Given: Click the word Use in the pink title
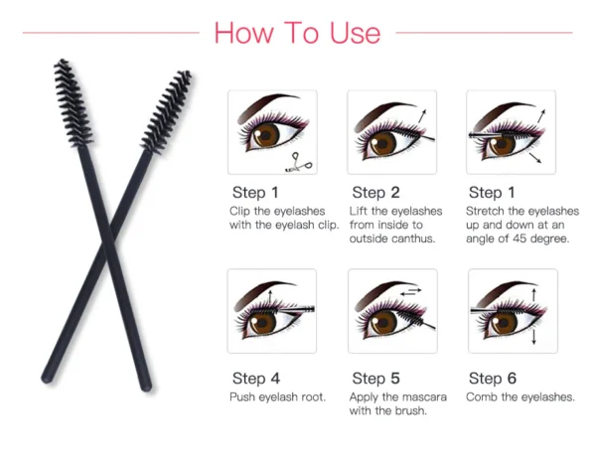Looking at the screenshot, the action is pyautogui.click(x=355, y=33).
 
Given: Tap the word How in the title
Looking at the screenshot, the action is pyautogui.click(x=243, y=33).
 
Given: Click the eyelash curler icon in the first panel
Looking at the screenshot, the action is pyautogui.click(x=299, y=162).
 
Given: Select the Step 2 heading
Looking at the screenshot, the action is pyautogui.click(x=375, y=193).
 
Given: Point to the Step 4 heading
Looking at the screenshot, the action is pyautogui.click(x=256, y=379).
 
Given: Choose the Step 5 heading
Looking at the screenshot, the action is pyautogui.click(x=375, y=379).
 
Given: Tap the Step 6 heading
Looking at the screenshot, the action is pyautogui.click(x=493, y=379).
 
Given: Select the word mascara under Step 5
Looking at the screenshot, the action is pyautogui.click(x=425, y=397).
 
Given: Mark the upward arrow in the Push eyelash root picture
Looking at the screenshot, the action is pyautogui.click(x=270, y=297).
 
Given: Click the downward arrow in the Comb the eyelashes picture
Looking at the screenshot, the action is pyautogui.click(x=534, y=337).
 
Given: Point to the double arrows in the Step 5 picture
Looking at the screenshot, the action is pyautogui.click(x=411, y=292).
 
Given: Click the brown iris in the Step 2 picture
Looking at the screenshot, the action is pyautogui.click(x=382, y=143).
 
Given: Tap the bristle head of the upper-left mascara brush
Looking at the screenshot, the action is pyautogui.click(x=73, y=102).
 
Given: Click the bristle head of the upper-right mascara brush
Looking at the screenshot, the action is pyautogui.click(x=167, y=111).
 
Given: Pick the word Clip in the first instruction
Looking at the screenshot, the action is pyautogui.click(x=238, y=211).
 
